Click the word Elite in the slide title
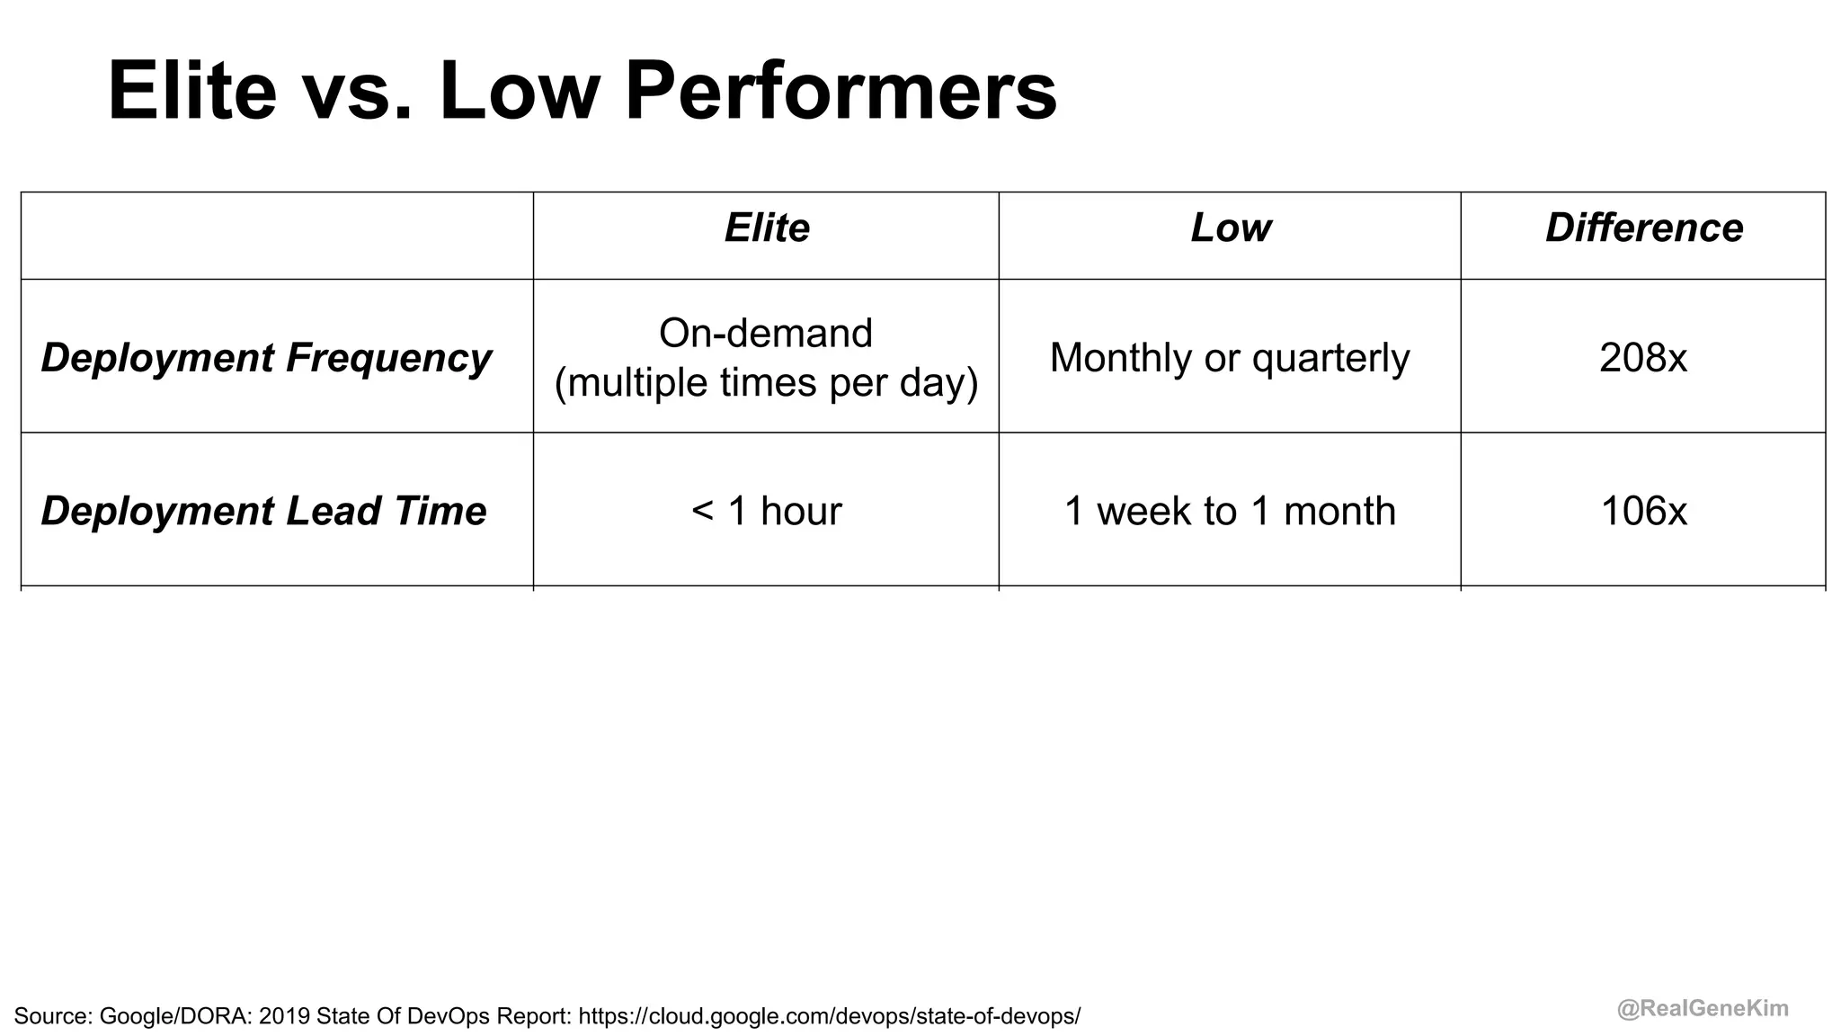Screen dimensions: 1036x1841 pyautogui.click(x=191, y=91)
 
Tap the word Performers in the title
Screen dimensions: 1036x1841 pyautogui.click(x=840, y=91)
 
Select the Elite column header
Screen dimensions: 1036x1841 pyautogui.click(x=767, y=228)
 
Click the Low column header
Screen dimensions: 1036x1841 pyautogui.click(x=1230, y=228)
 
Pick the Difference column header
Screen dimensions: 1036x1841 pyautogui.click(x=1643, y=228)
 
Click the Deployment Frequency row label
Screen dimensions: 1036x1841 pyautogui.click(x=266, y=358)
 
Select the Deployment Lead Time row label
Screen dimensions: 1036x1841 pyautogui.click(x=263, y=511)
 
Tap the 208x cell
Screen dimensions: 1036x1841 pyautogui.click(x=1643, y=358)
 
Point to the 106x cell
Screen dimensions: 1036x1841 pyautogui.click(x=1643, y=511)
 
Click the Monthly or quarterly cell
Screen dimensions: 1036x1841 pyautogui.click(x=1230, y=358)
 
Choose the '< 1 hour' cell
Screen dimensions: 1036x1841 pyautogui.click(x=767, y=511)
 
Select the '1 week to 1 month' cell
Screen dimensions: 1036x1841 pyautogui.click(x=1230, y=511)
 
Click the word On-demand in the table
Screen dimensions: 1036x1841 pyautogui.click(x=766, y=334)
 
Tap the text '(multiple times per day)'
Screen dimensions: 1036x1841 pyautogui.click(x=766, y=383)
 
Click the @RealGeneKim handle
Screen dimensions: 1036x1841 pyautogui.click(x=1703, y=1009)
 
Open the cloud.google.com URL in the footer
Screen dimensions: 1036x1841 pyautogui.click(x=829, y=1016)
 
